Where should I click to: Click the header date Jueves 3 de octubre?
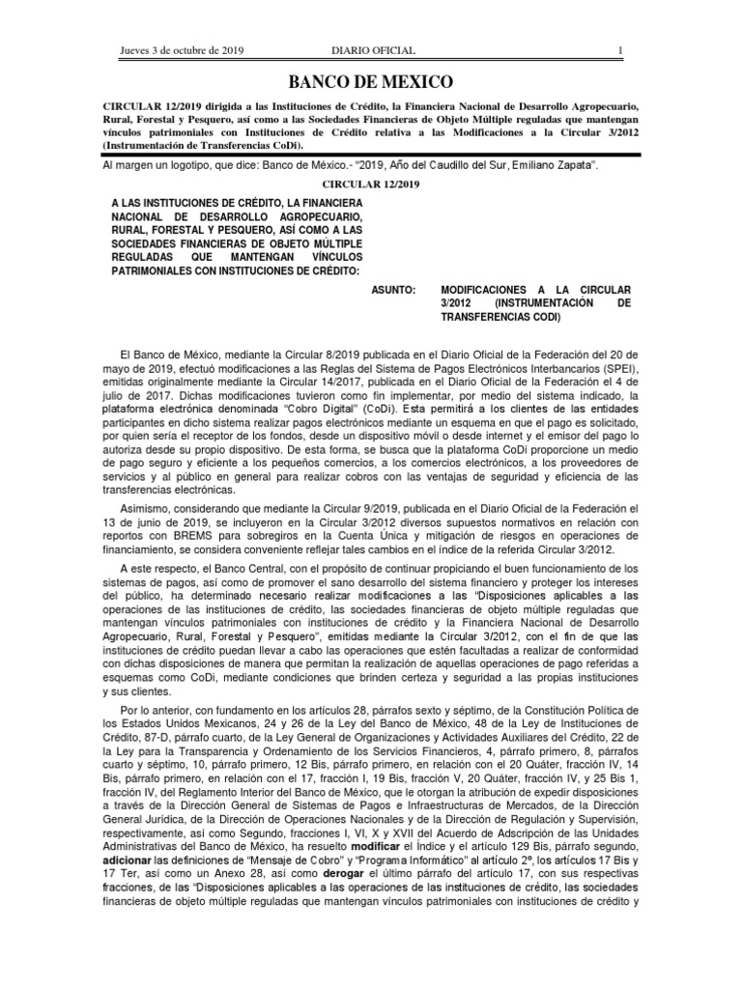tap(181, 50)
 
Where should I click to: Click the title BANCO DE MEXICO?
tap(372, 81)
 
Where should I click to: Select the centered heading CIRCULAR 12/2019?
tap(372, 184)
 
